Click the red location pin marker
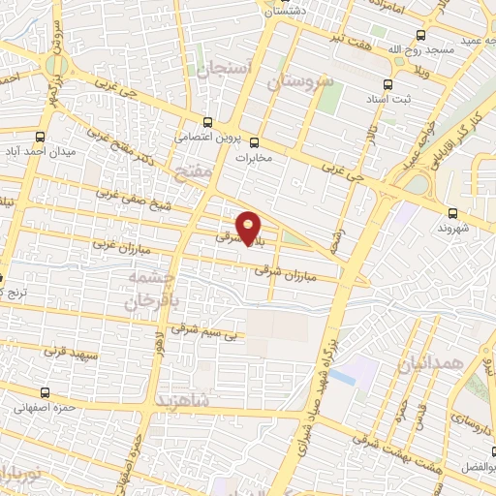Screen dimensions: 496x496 pyautogui.click(x=249, y=225)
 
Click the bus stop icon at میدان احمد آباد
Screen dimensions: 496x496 pyautogui.click(x=40, y=138)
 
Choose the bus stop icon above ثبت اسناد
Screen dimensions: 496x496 pyautogui.click(x=389, y=85)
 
